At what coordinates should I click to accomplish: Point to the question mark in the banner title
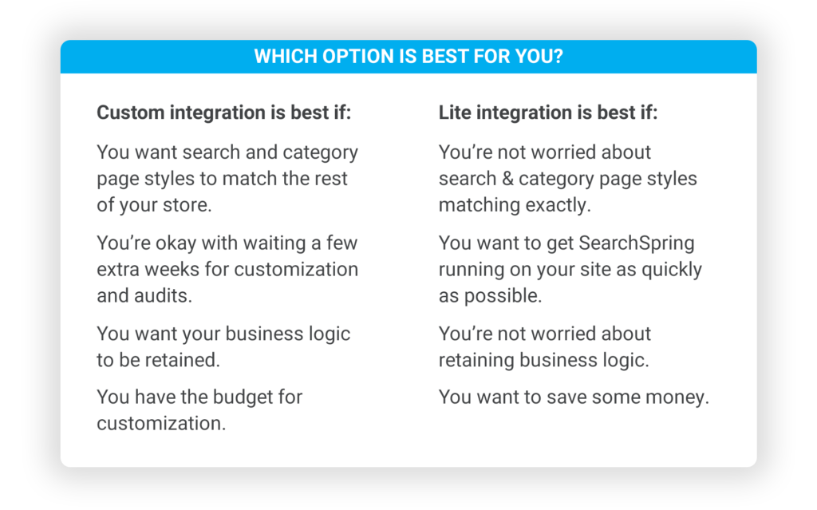point(558,57)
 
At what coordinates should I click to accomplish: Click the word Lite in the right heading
point(454,113)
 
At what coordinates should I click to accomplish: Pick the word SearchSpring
point(636,243)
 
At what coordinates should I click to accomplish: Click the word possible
point(503,296)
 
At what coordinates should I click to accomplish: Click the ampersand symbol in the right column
point(508,179)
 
